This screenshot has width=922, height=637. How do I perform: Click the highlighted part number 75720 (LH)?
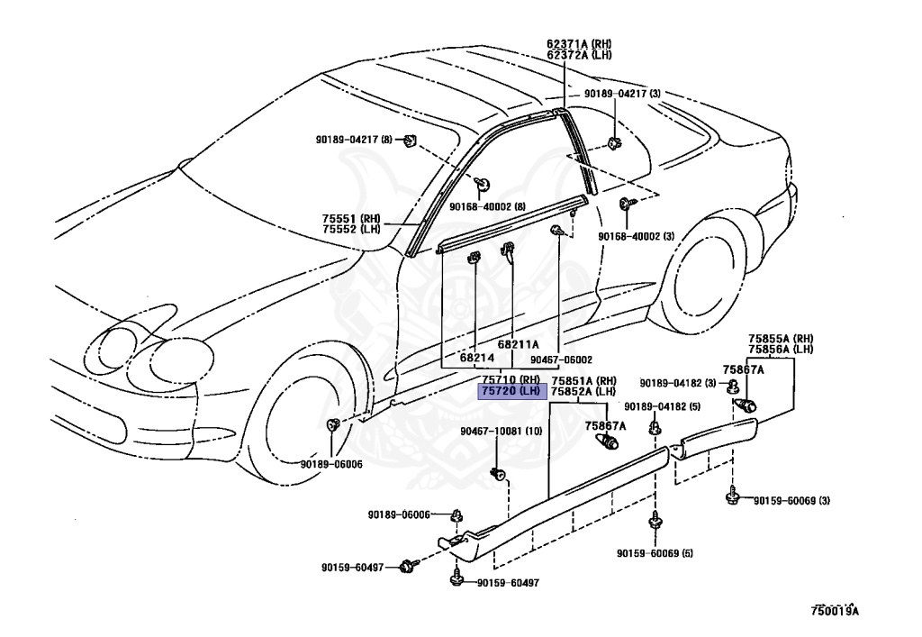(x=511, y=392)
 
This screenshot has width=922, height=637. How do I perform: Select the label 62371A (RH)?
(x=578, y=43)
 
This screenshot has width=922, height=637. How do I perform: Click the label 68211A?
(x=518, y=344)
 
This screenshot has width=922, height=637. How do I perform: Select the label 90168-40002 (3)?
(x=636, y=236)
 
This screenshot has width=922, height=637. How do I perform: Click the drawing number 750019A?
(x=835, y=612)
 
